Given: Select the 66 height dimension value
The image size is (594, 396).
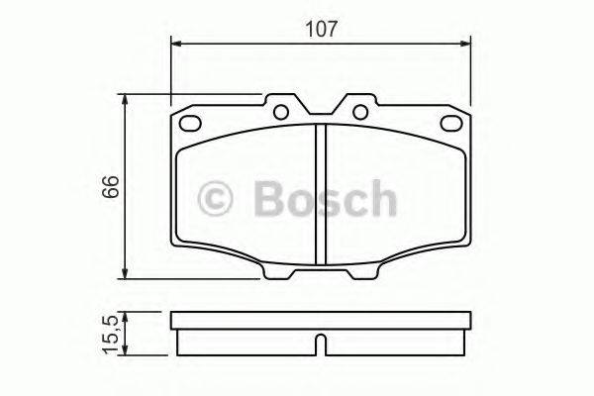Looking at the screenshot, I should coord(112,186).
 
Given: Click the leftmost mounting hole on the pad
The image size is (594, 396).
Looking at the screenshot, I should coord(185,125).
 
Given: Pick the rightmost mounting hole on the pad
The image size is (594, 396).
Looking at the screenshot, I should coord(453,125).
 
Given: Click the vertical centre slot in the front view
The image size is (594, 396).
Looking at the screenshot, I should coord(320,194).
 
